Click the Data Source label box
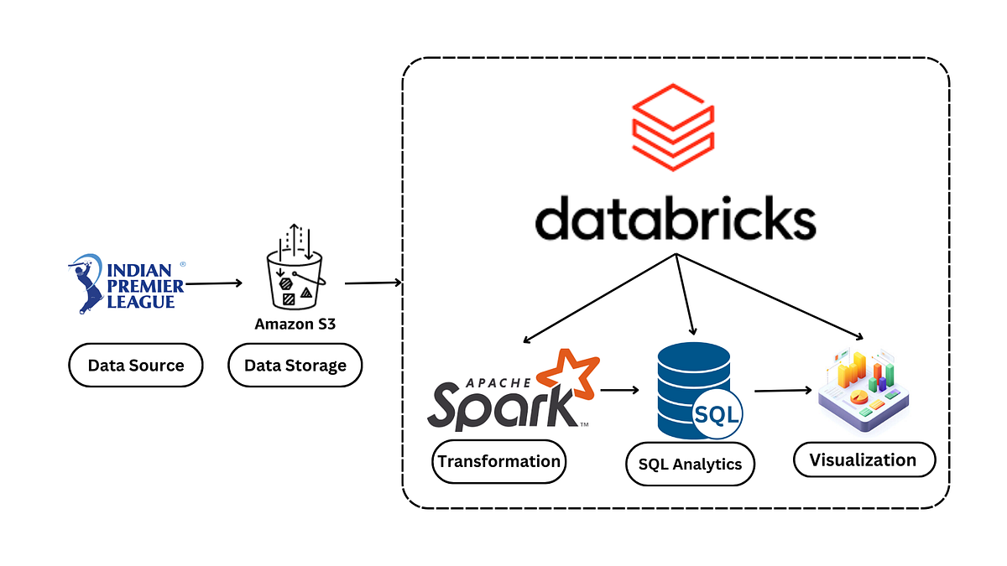(135, 365)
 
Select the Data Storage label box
(295, 365)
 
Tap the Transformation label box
(498, 462)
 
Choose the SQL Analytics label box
(690, 464)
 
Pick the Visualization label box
(864, 460)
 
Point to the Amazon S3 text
(295, 324)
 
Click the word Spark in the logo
(501, 407)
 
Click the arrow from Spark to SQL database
(619, 390)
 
